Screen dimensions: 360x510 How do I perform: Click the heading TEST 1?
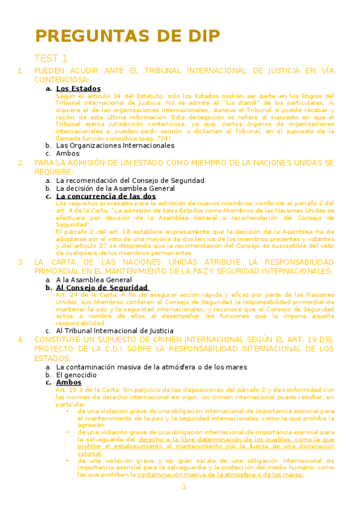click(51, 58)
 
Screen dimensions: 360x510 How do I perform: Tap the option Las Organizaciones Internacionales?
click(106, 145)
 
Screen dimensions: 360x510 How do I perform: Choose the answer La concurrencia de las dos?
click(106, 196)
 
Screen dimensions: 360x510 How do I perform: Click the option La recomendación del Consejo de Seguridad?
click(130, 180)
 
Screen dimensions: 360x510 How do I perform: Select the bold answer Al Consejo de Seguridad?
click(102, 288)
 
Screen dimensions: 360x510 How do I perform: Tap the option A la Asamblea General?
click(94, 280)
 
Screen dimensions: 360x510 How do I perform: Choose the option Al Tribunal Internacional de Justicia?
click(115, 330)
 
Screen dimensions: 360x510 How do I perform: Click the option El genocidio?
click(76, 374)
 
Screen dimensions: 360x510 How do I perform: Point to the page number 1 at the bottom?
click(185, 487)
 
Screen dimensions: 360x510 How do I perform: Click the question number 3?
click(21, 262)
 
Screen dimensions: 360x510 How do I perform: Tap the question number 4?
click(21, 339)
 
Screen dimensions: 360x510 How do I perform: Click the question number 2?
click(21, 163)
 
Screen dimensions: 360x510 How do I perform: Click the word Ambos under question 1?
click(67, 153)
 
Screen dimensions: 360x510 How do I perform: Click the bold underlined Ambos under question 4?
click(69, 382)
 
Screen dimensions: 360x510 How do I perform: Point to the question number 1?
click(21, 70)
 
